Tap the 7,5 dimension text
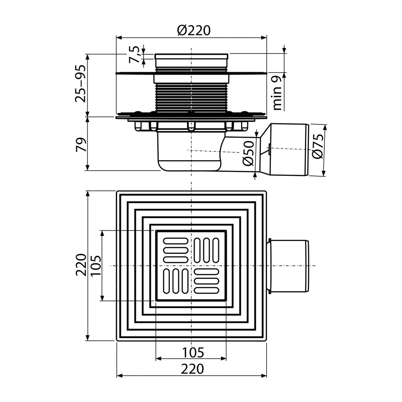point(134,55)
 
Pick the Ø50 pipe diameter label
point(248,153)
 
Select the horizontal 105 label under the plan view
point(193,353)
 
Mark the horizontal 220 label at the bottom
point(192,369)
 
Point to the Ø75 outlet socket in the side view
point(285,150)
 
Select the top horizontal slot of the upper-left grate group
point(176,241)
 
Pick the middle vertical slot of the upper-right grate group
point(206,250)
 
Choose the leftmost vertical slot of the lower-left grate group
point(166,281)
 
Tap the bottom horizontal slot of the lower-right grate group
point(206,290)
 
